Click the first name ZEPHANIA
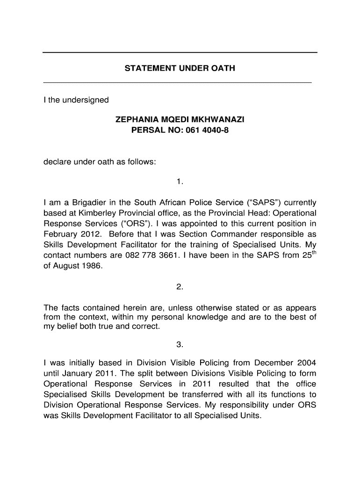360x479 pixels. point(134,120)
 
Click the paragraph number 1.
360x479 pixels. point(180,181)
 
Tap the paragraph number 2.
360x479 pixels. point(180,287)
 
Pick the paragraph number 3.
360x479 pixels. point(180,345)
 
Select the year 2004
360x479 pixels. point(307,363)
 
